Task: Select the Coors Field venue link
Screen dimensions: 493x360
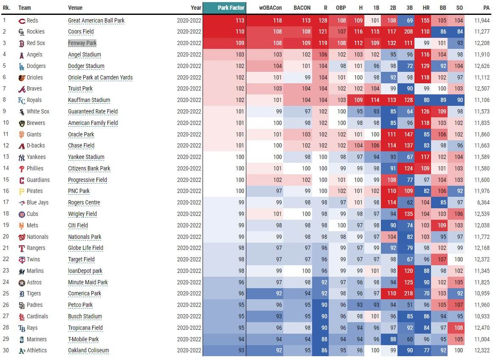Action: point(81,32)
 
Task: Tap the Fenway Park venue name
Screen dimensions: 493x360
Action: point(82,43)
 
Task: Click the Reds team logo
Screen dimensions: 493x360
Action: point(22,21)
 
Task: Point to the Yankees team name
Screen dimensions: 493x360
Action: point(36,157)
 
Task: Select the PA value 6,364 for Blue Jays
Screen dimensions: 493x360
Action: point(483,203)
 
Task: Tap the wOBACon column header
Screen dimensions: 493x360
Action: point(270,8)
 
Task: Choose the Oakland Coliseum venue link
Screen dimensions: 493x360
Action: point(89,351)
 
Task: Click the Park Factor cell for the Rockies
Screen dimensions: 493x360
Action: point(224,32)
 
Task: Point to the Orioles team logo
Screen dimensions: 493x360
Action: point(22,78)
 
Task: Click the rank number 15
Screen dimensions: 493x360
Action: point(6,180)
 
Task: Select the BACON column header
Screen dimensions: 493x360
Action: point(302,8)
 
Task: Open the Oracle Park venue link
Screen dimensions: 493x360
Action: point(81,135)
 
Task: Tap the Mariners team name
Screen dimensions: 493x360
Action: point(37,339)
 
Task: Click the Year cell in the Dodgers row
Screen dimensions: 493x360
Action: point(189,66)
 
